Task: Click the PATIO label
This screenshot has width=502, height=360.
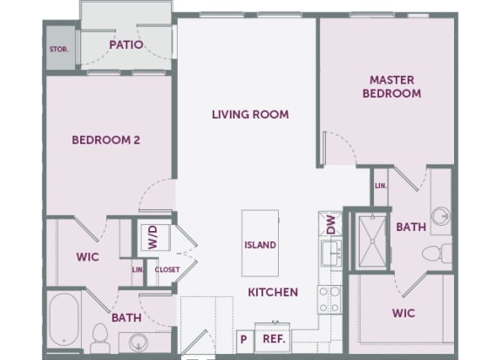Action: (x=126, y=44)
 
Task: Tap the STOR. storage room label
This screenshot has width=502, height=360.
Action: (x=58, y=50)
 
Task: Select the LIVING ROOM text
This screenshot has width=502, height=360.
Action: (x=250, y=114)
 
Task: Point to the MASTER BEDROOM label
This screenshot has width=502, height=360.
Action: (x=391, y=86)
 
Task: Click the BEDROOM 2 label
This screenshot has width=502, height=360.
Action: (x=106, y=140)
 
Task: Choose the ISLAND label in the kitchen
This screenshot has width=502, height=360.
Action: (x=260, y=245)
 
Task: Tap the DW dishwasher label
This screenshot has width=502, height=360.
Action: (x=330, y=224)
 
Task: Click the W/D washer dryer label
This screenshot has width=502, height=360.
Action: (x=153, y=237)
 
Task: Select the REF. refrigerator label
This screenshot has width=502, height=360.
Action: (x=274, y=339)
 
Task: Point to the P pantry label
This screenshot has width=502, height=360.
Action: (x=244, y=339)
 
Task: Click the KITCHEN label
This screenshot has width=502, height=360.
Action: (x=273, y=292)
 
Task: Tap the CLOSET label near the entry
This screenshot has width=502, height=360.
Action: (x=167, y=269)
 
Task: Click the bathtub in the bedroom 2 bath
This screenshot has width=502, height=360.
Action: (x=64, y=319)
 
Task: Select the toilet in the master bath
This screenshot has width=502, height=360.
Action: (x=437, y=253)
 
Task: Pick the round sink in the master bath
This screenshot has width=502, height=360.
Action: (x=441, y=215)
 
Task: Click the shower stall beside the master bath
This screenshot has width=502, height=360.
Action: (x=372, y=241)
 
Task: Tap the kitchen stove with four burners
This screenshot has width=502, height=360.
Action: (x=329, y=300)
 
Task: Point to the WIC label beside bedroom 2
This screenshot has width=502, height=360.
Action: (x=88, y=257)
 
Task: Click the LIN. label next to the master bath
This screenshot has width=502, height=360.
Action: (x=381, y=186)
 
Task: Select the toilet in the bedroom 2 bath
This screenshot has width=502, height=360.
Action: (x=100, y=338)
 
